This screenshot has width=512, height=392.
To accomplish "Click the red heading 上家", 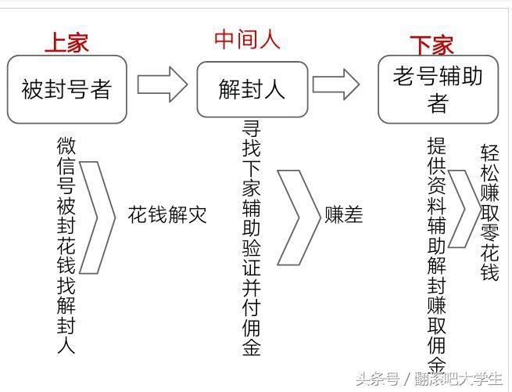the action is [66, 43].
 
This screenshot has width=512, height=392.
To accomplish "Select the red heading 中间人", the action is [247, 39].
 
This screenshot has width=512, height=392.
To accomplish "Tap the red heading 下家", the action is [431, 45].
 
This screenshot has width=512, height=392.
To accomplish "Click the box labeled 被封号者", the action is [67, 89].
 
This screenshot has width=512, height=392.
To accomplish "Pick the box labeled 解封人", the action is [252, 89].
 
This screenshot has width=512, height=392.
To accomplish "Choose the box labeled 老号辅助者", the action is [438, 89].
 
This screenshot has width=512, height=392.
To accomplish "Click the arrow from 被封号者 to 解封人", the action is [163, 85].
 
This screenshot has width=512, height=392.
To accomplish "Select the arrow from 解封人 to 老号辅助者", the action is [336, 84].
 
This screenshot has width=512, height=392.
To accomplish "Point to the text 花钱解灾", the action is [167, 215].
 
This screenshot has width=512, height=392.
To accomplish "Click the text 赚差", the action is [343, 215].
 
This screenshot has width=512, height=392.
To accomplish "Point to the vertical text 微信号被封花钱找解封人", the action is [66, 245].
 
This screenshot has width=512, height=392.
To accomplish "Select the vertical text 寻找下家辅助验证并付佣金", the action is [251, 238].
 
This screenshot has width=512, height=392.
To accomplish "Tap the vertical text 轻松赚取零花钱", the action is [489, 213].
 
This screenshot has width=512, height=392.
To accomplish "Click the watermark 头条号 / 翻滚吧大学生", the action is [428, 379].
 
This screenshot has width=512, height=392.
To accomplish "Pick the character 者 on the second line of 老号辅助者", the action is [438, 103].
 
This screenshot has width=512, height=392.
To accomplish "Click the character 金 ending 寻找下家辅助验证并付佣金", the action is [251, 347].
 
